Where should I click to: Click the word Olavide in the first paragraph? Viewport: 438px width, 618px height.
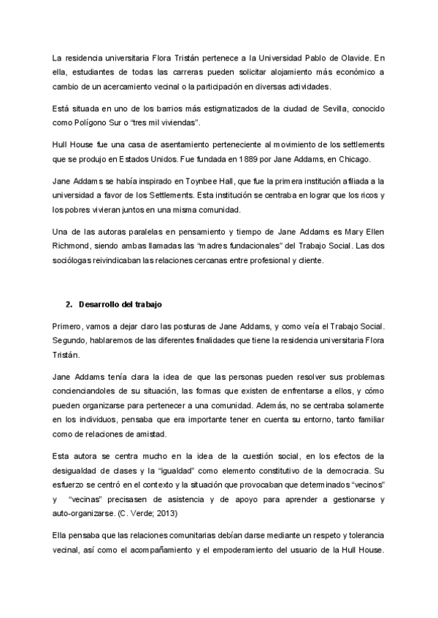pos(356,58)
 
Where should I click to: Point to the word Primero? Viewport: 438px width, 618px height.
pos(69,324)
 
